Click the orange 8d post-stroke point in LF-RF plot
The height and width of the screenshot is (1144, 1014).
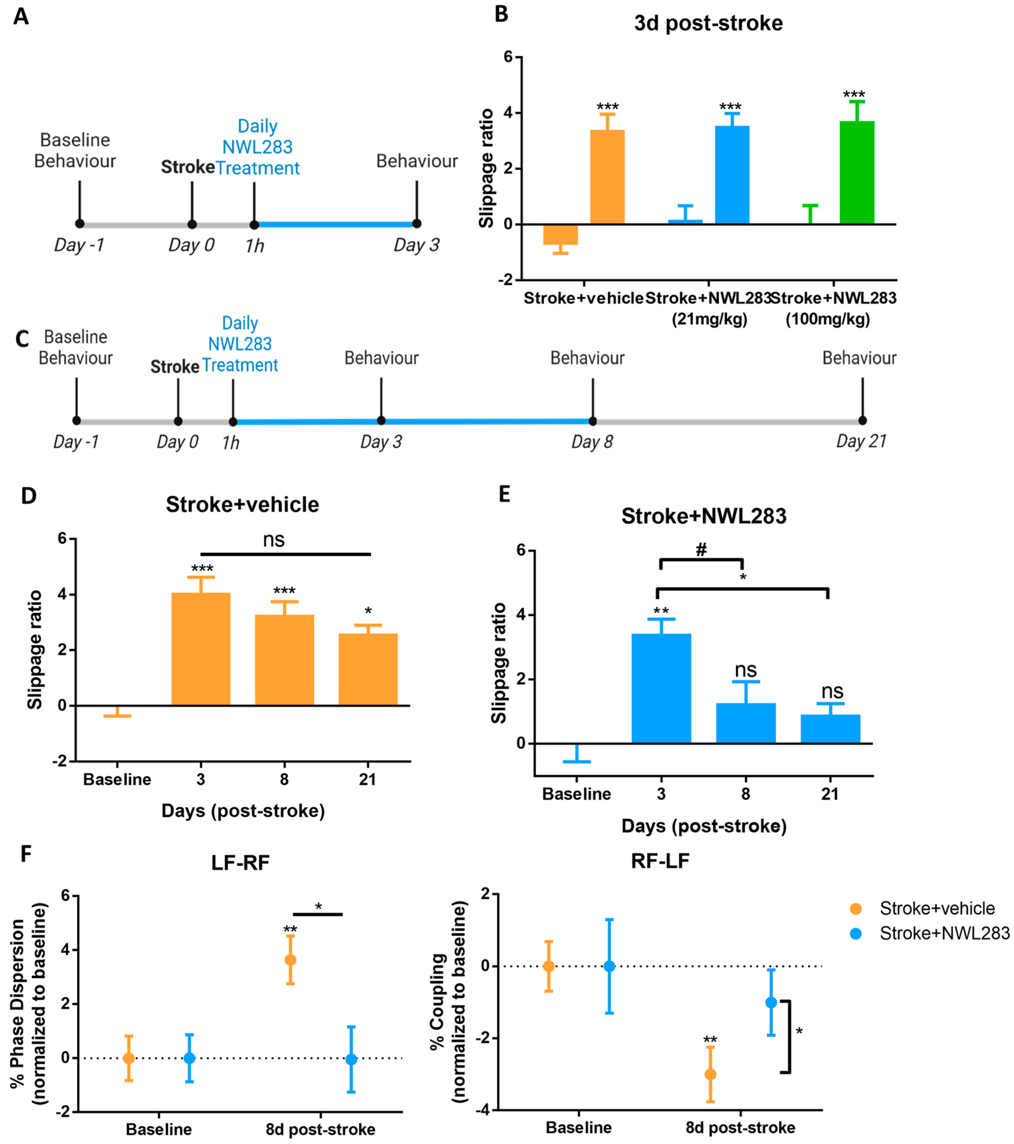pyautogui.click(x=290, y=960)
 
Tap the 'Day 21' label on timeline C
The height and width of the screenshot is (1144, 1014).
pyautogui.click(x=861, y=442)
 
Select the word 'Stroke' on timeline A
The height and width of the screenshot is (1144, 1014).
pyautogui.click(x=187, y=167)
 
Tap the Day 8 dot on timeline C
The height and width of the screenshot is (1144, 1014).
pyautogui.click(x=593, y=421)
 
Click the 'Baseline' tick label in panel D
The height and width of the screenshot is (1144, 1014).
pyautogui.click(x=117, y=779)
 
